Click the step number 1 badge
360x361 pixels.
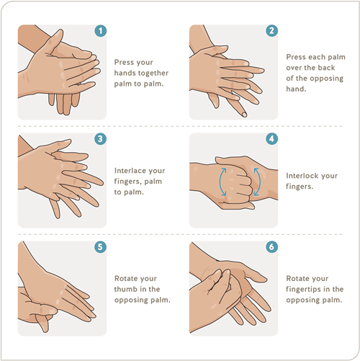(x=101, y=31)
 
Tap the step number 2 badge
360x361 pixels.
(x=272, y=31)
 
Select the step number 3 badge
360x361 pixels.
(x=101, y=139)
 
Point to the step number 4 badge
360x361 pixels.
(x=272, y=139)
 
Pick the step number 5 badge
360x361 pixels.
(x=101, y=247)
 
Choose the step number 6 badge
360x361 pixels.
(x=272, y=247)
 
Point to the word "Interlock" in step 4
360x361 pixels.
(x=302, y=176)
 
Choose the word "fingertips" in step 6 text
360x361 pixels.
(x=303, y=290)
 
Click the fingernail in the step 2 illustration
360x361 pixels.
(x=244, y=115)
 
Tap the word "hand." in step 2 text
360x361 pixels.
(x=296, y=89)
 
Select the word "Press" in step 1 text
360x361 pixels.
(x=124, y=62)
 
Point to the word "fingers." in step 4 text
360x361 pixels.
(x=300, y=187)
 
